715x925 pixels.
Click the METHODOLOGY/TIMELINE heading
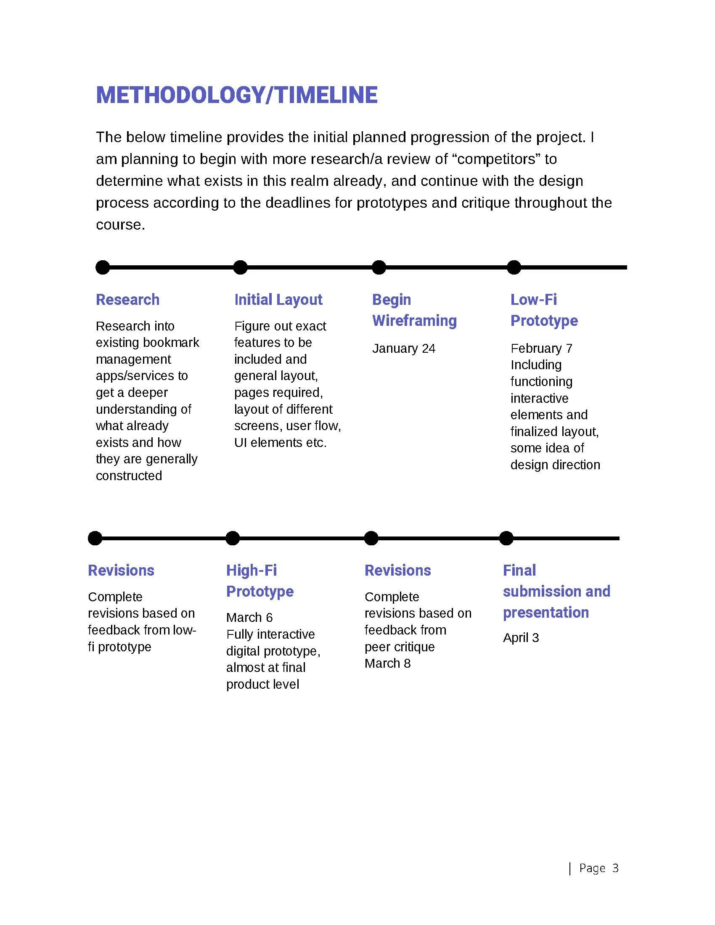click(x=237, y=95)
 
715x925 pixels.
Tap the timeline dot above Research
click(x=103, y=267)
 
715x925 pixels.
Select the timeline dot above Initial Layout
click(x=240, y=267)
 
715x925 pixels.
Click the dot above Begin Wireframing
click(x=379, y=267)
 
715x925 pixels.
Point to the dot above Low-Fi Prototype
click(x=514, y=267)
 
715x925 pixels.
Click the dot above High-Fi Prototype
click(x=233, y=538)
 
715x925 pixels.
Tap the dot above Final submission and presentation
click(x=506, y=538)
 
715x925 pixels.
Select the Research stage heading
click(x=127, y=299)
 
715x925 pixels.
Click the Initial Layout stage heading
click(x=278, y=299)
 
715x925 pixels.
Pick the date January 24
click(x=404, y=349)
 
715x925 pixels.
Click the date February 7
click(x=541, y=349)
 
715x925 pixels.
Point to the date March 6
click(x=249, y=618)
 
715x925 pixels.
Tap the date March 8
click(x=388, y=663)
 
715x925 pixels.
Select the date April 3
click(x=521, y=638)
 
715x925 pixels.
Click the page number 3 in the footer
click(x=615, y=869)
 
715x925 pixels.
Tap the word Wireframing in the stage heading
click(x=414, y=321)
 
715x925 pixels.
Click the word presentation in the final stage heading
click(x=546, y=613)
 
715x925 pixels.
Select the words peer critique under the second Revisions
click(x=400, y=647)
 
